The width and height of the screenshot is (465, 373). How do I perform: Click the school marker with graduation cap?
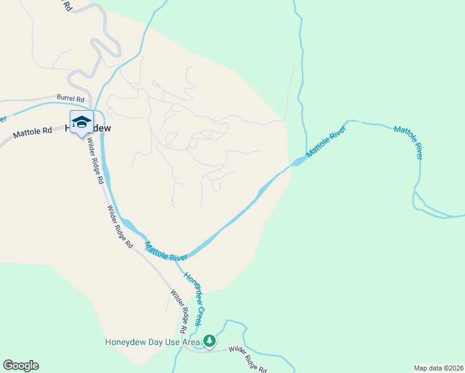point(81,122)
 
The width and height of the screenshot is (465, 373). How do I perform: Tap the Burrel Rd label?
point(70,98)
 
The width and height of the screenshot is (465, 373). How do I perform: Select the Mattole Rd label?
point(32,132)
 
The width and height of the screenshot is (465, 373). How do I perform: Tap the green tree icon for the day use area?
point(209,341)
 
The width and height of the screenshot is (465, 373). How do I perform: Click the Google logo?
point(21,366)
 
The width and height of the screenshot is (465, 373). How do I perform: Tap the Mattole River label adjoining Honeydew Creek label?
point(166,251)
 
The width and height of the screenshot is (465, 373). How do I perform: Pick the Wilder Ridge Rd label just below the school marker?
point(95,161)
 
